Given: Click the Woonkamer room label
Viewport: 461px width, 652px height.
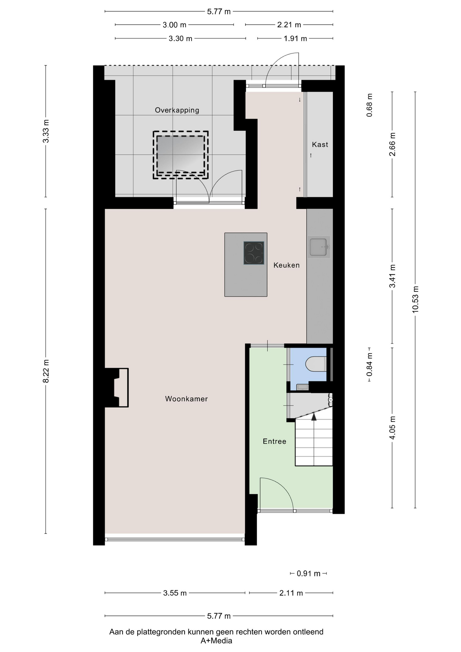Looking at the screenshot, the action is (x=186, y=399).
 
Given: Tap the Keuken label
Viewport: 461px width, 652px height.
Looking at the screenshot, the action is (x=287, y=265).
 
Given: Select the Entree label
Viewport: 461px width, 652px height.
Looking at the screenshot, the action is (x=274, y=441).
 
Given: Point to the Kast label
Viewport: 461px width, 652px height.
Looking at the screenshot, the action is (x=320, y=144).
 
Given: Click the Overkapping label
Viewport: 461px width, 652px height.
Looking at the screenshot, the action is (x=177, y=110).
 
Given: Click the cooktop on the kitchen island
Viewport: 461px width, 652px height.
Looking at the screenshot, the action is (x=254, y=253).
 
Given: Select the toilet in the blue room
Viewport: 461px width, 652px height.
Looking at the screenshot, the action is (x=316, y=364).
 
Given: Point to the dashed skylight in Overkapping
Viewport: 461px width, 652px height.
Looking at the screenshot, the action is (x=181, y=155).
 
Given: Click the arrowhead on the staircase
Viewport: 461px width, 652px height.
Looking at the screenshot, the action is (x=314, y=417).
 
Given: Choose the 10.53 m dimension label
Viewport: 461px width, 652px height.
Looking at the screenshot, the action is (x=416, y=300).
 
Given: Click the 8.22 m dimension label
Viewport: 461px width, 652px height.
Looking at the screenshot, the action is (x=46, y=371).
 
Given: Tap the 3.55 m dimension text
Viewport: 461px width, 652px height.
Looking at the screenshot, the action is (x=175, y=593).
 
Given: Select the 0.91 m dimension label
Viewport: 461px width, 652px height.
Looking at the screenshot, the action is (x=309, y=574).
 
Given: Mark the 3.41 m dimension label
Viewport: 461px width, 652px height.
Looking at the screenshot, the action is (x=392, y=276).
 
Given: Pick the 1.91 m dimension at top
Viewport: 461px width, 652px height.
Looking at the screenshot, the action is (x=295, y=38).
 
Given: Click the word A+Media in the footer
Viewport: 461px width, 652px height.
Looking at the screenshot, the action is (x=216, y=641).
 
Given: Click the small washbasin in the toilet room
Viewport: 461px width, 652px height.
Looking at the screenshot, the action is (x=302, y=387).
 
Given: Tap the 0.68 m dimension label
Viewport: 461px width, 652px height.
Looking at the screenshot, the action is (x=369, y=105).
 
